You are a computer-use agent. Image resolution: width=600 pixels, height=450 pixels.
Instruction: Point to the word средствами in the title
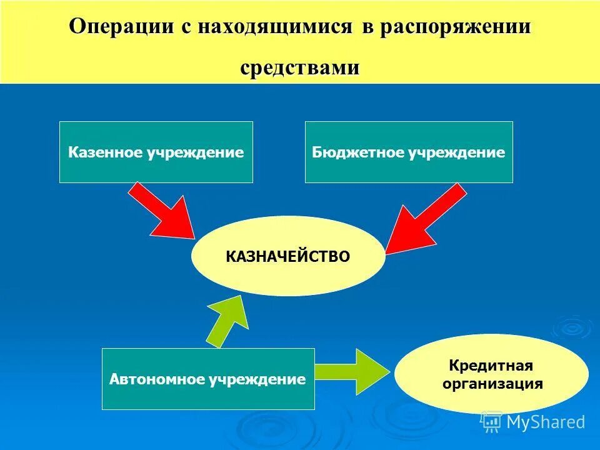pyautogui.click(x=300, y=67)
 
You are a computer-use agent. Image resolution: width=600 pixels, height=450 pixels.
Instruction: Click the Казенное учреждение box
pyautogui.click(x=156, y=152)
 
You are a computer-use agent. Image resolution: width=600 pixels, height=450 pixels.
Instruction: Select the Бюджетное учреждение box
pyautogui.click(x=409, y=152)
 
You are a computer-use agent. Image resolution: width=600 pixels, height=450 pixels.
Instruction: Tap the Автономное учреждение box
pyautogui.click(x=208, y=379)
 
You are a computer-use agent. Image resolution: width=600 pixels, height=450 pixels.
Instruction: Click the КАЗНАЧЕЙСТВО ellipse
pyautogui.click(x=288, y=256)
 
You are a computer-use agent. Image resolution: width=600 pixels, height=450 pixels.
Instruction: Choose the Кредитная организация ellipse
pyautogui.click(x=492, y=374)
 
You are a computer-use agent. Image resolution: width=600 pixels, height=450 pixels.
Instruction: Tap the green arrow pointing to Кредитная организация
pyautogui.click(x=353, y=372)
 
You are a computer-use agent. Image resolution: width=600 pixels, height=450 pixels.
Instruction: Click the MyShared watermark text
pyautogui.click(x=546, y=422)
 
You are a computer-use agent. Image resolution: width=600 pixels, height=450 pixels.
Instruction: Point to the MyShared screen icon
pyautogui.click(x=491, y=422)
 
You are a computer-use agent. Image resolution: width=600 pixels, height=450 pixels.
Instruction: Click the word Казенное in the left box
pyautogui.click(x=106, y=152)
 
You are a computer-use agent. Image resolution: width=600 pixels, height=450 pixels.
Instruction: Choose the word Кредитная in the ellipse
pyautogui.click(x=492, y=365)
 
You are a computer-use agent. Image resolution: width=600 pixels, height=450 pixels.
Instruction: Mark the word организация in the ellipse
pyautogui.click(x=492, y=383)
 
